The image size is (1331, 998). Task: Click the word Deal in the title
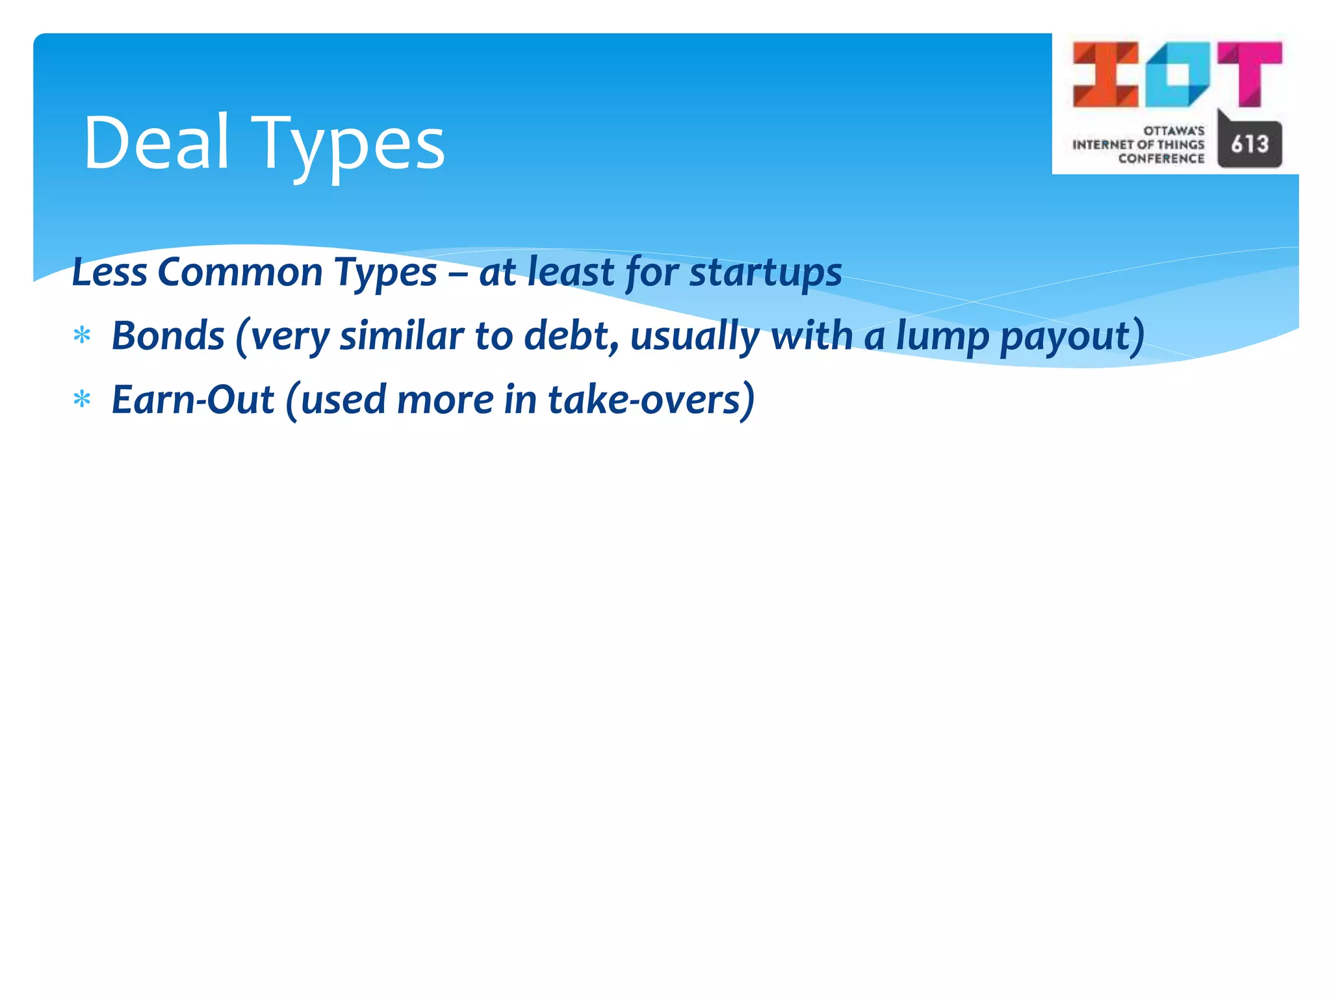coord(156,143)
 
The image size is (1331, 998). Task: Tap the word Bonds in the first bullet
coord(168,336)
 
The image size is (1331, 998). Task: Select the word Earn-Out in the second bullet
coord(193,400)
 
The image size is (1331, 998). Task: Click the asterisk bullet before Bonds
coord(82,337)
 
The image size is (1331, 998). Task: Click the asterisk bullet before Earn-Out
coord(82,400)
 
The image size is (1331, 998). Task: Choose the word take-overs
coord(644,400)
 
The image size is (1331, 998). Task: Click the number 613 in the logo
coord(1250,144)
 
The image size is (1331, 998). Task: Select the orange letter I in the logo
coord(1105,74)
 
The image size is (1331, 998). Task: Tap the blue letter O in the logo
coord(1178,74)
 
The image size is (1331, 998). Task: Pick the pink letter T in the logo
coord(1250,73)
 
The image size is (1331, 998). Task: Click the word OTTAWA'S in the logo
coord(1174,131)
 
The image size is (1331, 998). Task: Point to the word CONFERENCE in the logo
coord(1161,159)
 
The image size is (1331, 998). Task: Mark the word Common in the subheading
coord(240,272)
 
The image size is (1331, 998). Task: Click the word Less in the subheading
coord(109,272)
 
